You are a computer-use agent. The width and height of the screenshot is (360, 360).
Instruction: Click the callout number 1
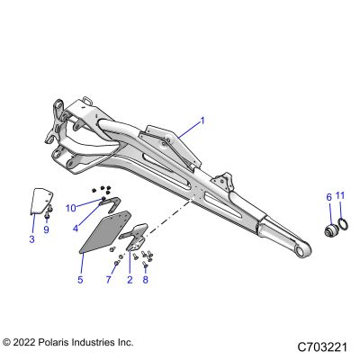(x=202, y=121)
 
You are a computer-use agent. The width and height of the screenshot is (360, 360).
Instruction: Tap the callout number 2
(x=130, y=280)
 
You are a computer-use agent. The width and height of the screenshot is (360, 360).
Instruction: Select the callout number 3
(x=31, y=239)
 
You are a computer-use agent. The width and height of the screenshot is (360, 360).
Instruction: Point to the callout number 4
(x=76, y=229)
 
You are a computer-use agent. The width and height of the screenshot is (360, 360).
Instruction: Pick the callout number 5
(x=80, y=280)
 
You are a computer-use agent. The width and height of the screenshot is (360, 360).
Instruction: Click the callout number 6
(x=328, y=197)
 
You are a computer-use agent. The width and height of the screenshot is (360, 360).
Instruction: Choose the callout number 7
(x=108, y=280)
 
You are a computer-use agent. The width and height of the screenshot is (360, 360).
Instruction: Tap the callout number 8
(x=145, y=280)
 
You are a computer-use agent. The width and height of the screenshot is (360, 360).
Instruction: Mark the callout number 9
(x=46, y=229)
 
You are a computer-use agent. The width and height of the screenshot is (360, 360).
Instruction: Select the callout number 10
(x=71, y=208)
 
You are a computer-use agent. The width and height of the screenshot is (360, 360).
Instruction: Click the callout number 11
(x=340, y=195)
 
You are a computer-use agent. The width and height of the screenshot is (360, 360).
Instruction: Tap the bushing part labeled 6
(x=331, y=229)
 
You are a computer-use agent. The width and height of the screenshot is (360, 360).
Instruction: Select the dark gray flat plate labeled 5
(x=105, y=231)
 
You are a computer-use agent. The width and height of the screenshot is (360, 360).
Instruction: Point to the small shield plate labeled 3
(x=41, y=201)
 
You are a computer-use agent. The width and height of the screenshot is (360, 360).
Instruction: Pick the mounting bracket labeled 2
(x=135, y=237)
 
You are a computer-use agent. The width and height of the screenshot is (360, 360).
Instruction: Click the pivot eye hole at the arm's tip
(x=301, y=252)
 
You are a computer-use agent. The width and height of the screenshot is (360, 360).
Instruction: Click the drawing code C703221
(x=322, y=347)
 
